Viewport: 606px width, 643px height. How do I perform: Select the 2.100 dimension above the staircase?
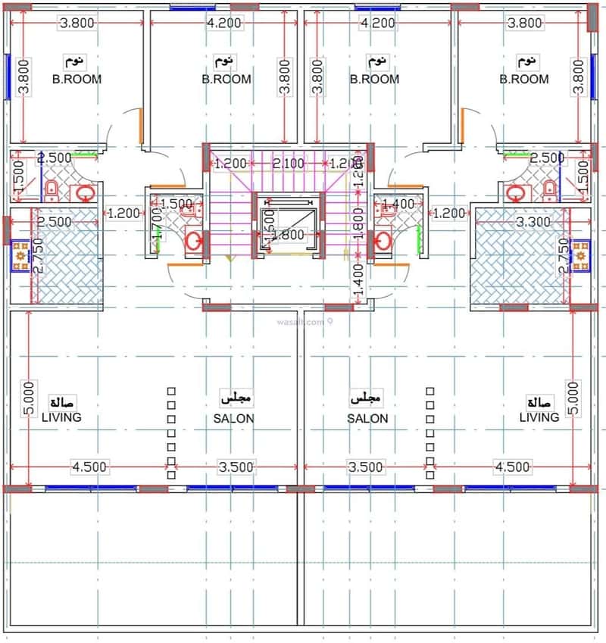click(x=288, y=163)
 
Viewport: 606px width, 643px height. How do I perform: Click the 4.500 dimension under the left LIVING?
click(x=89, y=467)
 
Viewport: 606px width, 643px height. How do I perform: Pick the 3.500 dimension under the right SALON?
click(x=365, y=467)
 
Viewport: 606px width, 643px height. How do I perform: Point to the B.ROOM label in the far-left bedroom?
click(x=77, y=78)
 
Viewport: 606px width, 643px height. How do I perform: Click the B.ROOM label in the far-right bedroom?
click(x=524, y=78)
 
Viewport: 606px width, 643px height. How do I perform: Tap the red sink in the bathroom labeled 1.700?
click(x=195, y=242)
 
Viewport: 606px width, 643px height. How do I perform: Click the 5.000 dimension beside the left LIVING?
click(x=28, y=398)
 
